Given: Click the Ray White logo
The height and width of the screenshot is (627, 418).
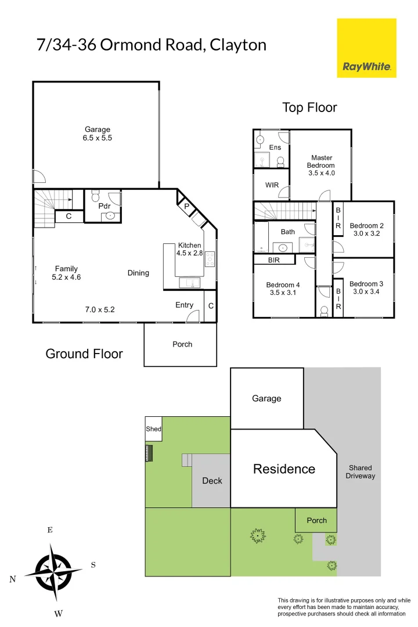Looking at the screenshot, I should pyautogui.click(x=366, y=48).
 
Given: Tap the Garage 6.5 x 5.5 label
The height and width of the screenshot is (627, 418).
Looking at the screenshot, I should pyautogui.click(x=98, y=134).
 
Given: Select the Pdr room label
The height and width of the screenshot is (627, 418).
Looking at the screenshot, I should pyautogui.click(x=105, y=206).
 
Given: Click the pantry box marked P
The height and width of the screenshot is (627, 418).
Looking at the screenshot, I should pyautogui.click(x=186, y=206).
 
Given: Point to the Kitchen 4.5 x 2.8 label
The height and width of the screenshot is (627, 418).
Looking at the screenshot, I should pyautogui.click(x=190, y=249).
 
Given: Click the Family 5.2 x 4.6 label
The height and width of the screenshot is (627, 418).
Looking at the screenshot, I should pyautogui.click(x=67, y=273).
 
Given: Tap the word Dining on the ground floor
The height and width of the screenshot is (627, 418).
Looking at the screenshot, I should pyautogui.click(x=138, y=273).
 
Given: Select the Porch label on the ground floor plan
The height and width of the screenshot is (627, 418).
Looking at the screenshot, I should pyautogui.click(x=182, y=344).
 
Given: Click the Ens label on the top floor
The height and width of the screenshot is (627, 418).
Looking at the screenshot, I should pyautogui.click(x=275, y=147).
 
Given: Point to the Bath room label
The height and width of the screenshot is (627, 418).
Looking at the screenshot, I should pyautogui.click(x=287, y=232).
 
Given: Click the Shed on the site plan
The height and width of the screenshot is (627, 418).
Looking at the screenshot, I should pyautogui.click(x=154, y=430).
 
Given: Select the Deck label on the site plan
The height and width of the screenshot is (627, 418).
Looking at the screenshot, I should pyautogui.click(x=212, y=481).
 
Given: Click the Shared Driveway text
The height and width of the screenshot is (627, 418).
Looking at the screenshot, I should pyautogui.click(x=360, y=471).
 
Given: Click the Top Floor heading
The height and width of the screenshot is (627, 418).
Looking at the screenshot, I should pyautogui.click(x=309, y=107).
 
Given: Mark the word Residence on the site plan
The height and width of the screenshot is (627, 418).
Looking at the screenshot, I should pyautogui.click(x=284, y=469).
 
